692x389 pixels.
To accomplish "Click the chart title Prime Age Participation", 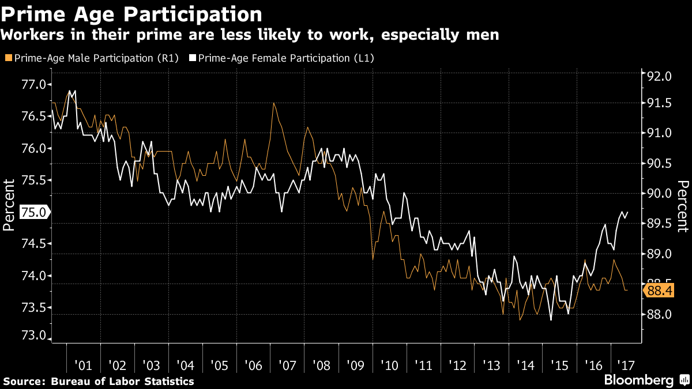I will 131,13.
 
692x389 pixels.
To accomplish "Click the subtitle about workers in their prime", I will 249,35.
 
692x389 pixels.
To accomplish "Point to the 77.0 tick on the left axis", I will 33,85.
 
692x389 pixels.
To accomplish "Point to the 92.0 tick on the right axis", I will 659,77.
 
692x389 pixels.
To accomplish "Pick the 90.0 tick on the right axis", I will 659,194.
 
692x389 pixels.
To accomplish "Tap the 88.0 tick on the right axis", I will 659,315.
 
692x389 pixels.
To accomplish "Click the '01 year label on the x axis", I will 83,365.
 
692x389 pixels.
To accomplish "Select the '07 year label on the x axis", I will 287,365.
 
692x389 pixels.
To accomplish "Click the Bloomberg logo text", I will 638,380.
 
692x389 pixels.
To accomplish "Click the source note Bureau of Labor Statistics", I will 99,382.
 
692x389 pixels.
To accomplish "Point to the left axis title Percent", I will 10,205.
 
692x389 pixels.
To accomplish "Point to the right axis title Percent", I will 682,206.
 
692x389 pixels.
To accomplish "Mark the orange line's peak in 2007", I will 274,103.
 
